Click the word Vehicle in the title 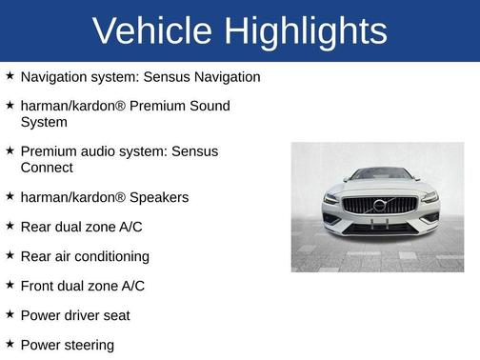point(152,31)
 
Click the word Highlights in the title point(306,31)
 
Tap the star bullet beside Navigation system point(10,75)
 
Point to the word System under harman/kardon point(44,122)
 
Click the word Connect point(47,168)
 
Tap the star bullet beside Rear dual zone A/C point(10,226)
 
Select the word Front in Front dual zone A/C point(39,286)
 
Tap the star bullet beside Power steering point(10,344)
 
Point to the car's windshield point(379,175)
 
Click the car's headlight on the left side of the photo point(332,198)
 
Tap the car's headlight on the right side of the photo point(428,198)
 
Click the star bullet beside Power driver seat point(10,314)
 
